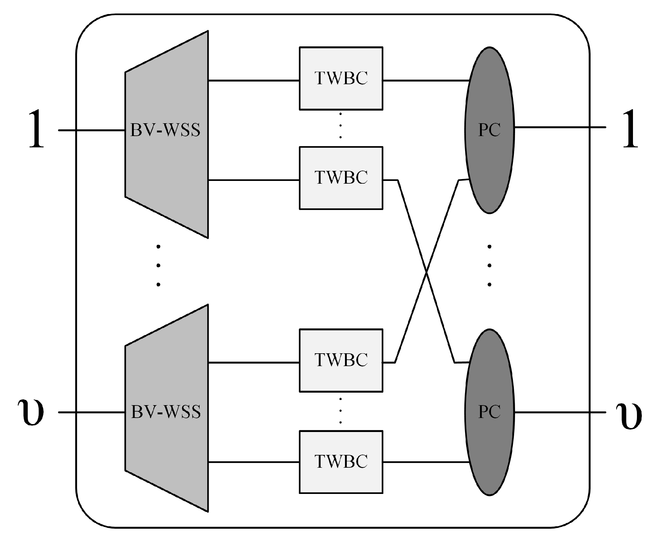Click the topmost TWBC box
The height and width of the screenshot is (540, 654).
(340, 78)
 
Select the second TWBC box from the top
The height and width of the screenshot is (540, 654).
(340, 178)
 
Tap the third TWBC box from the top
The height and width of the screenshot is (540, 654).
(340, 360)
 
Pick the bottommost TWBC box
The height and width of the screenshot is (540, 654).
(340, 462)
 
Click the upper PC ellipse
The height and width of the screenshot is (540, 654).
(489, 130)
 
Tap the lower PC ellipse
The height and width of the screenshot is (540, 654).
(489, 412)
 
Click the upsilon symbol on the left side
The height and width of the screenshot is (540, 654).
(30, 412)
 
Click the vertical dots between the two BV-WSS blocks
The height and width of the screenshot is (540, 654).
(158, 266)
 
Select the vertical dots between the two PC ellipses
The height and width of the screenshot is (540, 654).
(489, 266)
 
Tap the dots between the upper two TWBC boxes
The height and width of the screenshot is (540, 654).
(340, 126)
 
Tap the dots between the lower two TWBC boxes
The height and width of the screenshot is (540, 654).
(340, 411)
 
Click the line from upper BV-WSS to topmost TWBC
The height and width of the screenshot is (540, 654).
(253, 81)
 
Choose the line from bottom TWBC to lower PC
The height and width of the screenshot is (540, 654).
(426, 462)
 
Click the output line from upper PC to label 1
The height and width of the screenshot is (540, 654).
(559, 127)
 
